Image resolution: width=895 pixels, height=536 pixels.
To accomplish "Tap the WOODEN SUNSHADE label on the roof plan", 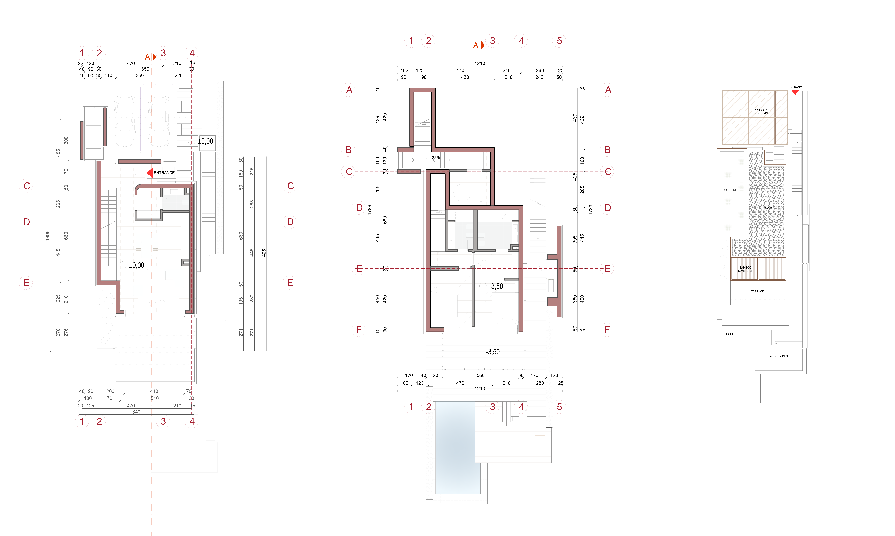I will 761,112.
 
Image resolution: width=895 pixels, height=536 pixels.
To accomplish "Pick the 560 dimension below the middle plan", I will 480,375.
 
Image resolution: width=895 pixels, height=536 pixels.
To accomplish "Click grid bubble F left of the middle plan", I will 358,330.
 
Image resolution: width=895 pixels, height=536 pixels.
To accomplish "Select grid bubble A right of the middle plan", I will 608,90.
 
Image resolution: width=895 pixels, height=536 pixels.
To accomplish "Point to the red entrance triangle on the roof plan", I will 795,92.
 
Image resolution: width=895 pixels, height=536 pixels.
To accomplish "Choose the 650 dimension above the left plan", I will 145,69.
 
